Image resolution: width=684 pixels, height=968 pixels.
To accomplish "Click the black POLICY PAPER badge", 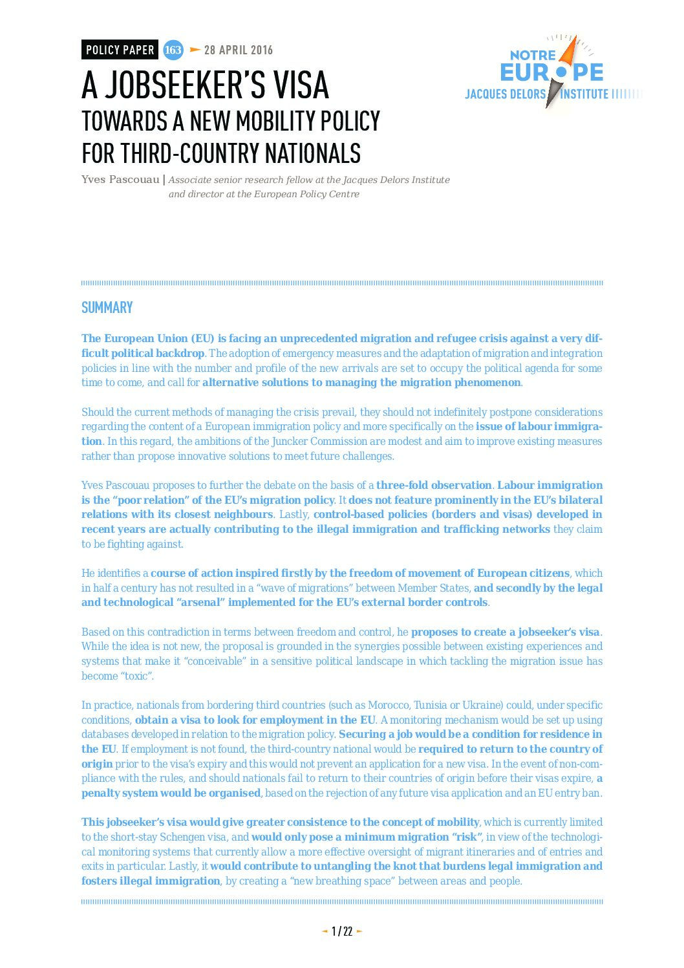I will pyautogui.click(x=120, y=50).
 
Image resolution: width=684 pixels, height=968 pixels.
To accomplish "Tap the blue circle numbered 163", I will pyautogui.click(x=173, y=50).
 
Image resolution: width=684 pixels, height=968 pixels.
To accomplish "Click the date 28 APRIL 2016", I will pyautogui.click(x=238, y=50).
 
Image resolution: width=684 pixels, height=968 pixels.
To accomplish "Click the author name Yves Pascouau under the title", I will pyautogui.click(x=120, y=179).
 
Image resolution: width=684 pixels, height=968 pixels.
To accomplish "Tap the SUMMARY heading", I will pyautogui.click(x=107, y=308).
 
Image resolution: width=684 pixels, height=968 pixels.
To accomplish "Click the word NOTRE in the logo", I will pyautogui.click(x=533, y=56).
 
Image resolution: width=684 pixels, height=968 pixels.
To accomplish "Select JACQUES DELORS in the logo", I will pyautogui.click(x=505, y=94).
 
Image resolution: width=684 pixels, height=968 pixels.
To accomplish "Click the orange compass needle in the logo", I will pyautogui.click(x=569, y=52).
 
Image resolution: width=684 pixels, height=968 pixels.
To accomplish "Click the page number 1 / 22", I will pyautogui.click(x=342, y=931).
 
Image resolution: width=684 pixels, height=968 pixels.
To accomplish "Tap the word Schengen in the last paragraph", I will pyautogui.click(x=182, y=837).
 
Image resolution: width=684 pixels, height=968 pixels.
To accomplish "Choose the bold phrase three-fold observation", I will pyautogui.click(x=434, y=485).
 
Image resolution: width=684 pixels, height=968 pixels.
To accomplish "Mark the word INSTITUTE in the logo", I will pyautogui.click(x=584, y=94).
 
